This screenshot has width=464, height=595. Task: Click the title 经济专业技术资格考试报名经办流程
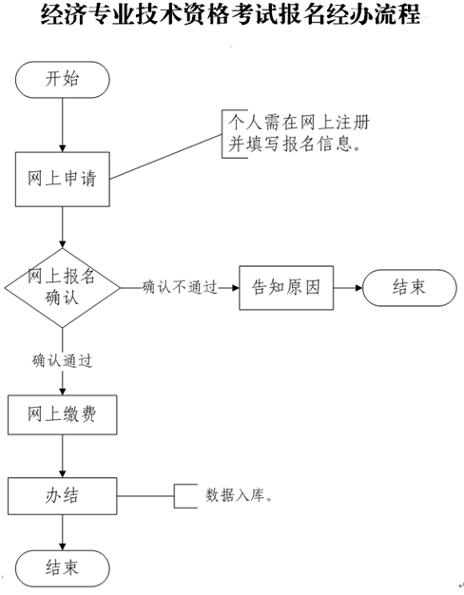coord(232,18)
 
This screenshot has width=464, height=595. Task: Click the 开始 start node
coord(62,80)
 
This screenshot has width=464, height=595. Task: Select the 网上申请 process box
coord(62,178)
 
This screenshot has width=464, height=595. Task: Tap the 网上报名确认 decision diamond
coord(62,286)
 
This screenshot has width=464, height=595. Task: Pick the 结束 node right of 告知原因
coord(408,286)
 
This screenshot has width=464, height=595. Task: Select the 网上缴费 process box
coord(62,414)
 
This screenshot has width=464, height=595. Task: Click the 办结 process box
coord(62,494)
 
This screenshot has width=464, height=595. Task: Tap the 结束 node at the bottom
coord(62,567)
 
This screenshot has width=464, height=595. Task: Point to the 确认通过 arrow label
coord(62,360)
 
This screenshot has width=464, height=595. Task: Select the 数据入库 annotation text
coord(239,495)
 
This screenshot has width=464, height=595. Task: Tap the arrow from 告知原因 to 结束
coord(347,286)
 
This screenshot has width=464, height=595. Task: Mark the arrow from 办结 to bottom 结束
coord(62,531)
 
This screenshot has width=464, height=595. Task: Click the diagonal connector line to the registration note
coord(166,154)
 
